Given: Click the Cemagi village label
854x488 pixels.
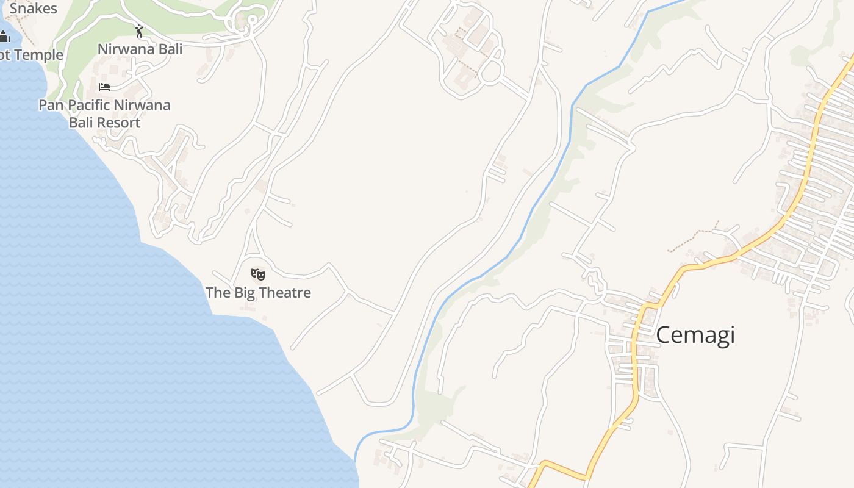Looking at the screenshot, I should (695, 335).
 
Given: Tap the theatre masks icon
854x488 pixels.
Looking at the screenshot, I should (258, 274).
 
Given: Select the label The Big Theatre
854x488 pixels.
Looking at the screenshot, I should (258, 293).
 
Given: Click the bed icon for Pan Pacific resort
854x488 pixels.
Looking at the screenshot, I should (104, 87).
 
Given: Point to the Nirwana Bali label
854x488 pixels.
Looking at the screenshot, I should (140, 49).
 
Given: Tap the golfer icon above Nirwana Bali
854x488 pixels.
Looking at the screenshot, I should (139, 30).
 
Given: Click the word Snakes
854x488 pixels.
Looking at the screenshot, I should (33, 9).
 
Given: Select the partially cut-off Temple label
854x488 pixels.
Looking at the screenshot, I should (31, 55).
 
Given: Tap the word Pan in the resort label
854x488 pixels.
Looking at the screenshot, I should (51, 105).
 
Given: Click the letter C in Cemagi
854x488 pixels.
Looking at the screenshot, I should (664, 335).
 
